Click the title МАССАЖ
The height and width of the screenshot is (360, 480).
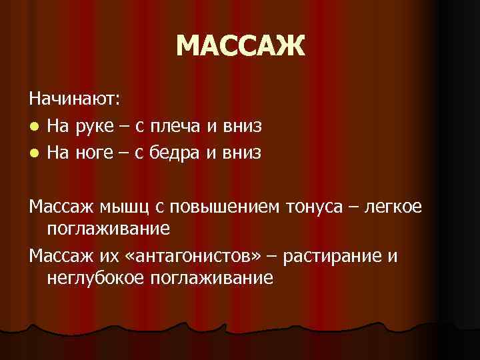pos(241,47)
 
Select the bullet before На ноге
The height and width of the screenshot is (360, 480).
pos(34,154)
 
